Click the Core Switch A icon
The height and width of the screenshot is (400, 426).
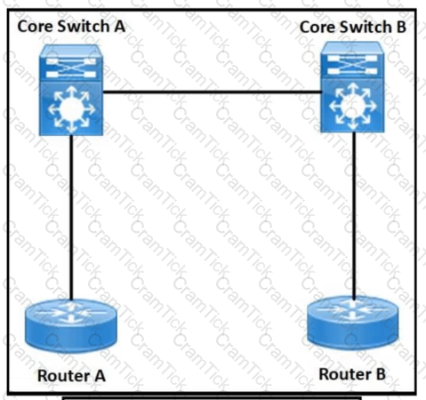click(71, 90)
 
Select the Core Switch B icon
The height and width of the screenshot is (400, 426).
click(352, 87)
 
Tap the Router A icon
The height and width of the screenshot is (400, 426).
click(71, 326)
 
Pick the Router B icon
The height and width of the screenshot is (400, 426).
click(352, 323)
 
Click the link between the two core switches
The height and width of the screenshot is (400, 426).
click(212, 92)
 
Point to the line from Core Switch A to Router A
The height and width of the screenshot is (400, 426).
click(71, 218)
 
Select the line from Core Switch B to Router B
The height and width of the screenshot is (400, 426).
click(354, 214)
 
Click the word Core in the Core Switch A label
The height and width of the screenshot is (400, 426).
click(35, 26)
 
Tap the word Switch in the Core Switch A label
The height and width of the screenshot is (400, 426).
click(84, 26)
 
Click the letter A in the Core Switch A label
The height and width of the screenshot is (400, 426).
click(119, 26)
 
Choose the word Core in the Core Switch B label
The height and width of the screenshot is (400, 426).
click(317, 27)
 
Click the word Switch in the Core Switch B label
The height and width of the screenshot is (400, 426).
click(366, 27)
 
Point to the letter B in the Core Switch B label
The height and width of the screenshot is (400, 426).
click(400, 27)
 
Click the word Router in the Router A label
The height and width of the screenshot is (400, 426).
click(64, 376)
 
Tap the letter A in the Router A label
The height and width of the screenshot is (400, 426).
click(100, 376)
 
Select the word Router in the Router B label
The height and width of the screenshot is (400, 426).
click(345, 374)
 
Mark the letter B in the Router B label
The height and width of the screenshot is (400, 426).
click(381, 374)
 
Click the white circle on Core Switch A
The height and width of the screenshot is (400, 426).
click(71, 109)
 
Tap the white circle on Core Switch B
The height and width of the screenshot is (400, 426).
click(352, 106)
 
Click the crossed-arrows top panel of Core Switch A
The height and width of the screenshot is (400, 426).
click(71, 67)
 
